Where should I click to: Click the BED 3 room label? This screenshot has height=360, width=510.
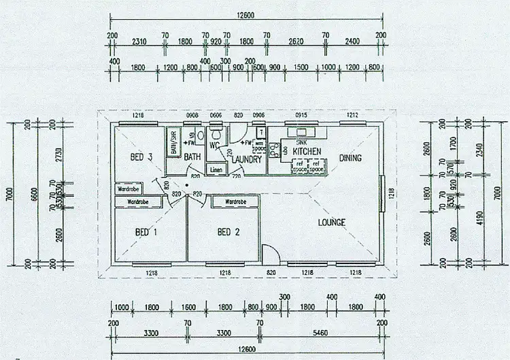click(140, 157)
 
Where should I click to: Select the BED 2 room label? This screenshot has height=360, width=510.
click(228, 232)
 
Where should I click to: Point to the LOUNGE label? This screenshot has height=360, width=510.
click(331, 222)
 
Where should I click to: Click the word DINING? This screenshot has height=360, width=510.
click(350, 158)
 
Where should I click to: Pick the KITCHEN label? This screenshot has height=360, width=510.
click(307, 151)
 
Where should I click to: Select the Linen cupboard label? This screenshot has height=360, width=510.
click(216, 169)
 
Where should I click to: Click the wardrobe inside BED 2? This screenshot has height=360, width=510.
click(235, 202)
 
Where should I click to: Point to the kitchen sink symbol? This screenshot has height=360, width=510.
click(299, 133)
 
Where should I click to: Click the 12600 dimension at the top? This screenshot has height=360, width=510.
click(245, 16)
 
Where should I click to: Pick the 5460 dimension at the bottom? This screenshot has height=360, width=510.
click(319, 336)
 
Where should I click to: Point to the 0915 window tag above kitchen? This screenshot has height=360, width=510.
click(301, 116)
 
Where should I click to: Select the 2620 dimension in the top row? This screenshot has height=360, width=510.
click(295, 42)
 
